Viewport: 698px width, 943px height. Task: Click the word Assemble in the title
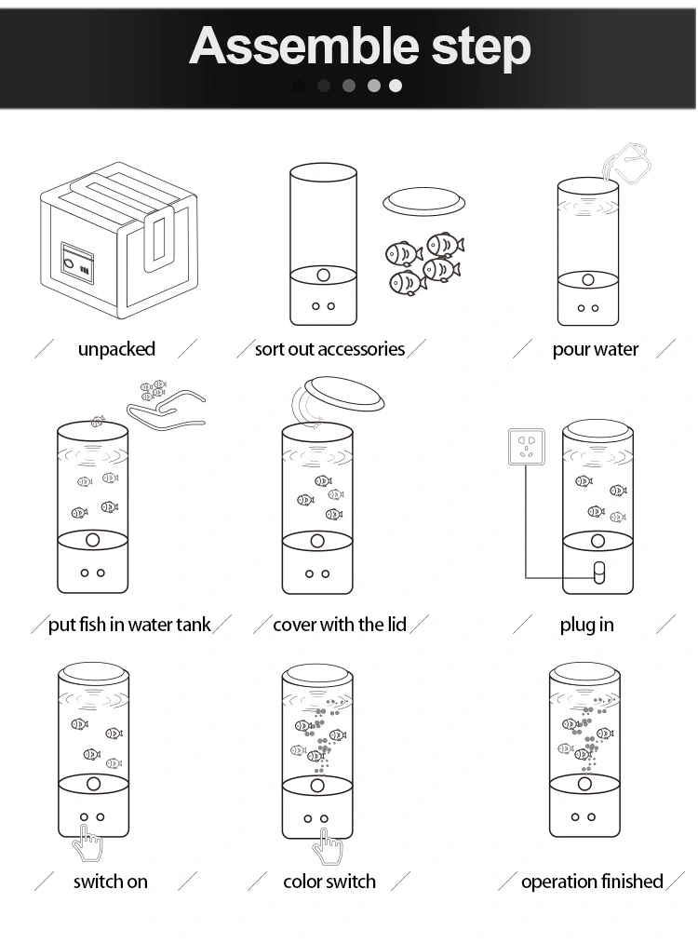click(304, 47)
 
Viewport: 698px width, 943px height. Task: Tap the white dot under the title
click(395, 86)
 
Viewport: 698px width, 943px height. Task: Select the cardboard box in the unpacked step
click(118, 240)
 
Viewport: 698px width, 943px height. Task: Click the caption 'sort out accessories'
click(330, 349)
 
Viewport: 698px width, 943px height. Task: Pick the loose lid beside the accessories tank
click(423, 201)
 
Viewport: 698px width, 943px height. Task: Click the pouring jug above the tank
click(627, 163)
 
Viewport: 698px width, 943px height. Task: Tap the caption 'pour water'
click(596, 349)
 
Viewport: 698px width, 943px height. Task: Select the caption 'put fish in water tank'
click(129, 625)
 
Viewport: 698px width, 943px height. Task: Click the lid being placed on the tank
click(344, 394)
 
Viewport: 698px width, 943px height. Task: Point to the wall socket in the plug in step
click(527, 447)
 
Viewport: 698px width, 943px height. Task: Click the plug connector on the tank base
click(598, 573)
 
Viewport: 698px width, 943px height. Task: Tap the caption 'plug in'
click(586, 625)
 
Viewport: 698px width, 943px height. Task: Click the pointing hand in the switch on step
click(87, 843)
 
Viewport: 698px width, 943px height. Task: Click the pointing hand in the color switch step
click(328, 847)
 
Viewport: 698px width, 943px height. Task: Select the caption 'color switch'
click(329, 882)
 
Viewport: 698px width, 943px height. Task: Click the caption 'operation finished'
click(592, 882)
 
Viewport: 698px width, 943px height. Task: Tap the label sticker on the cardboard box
click(78, 263)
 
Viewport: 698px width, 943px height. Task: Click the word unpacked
click(116, 349)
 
